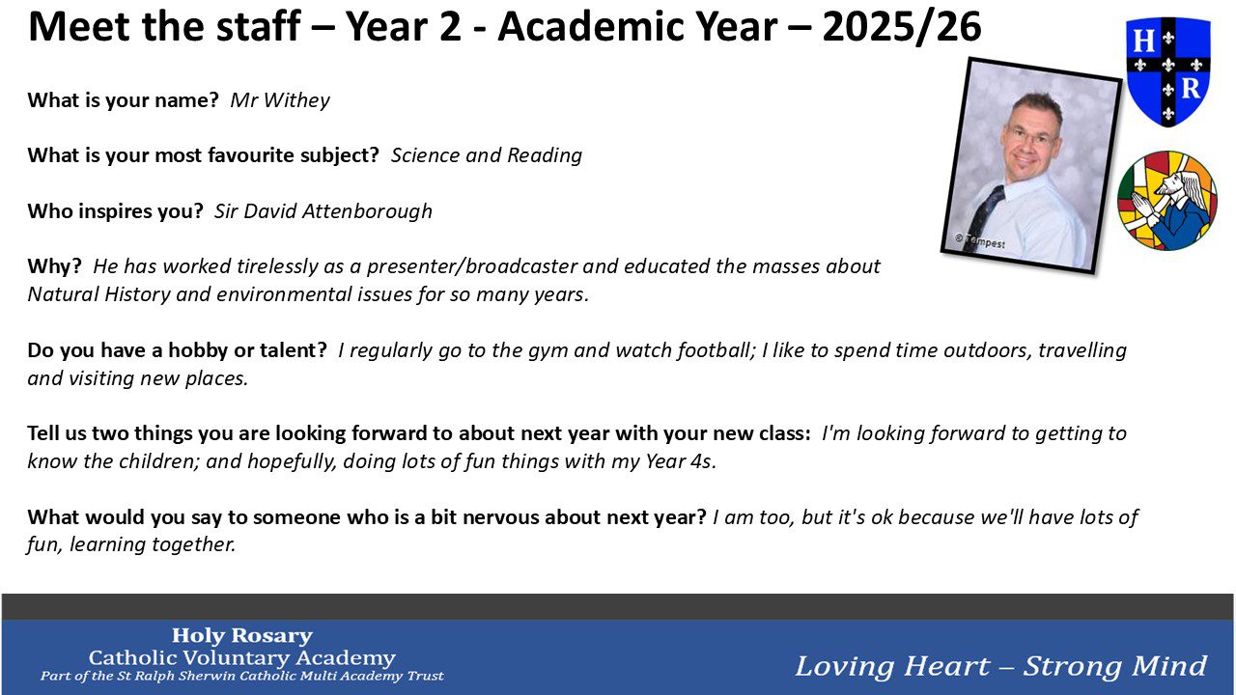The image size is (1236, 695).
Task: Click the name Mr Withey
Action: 280,100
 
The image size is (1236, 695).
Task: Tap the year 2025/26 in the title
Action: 902,26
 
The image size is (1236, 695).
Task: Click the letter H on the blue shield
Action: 1143,42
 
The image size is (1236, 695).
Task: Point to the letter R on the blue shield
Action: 1191,88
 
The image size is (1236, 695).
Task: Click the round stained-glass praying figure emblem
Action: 1167,200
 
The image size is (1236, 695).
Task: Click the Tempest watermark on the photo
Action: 980,241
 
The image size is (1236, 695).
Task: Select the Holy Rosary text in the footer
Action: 242,636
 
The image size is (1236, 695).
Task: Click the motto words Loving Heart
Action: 892,666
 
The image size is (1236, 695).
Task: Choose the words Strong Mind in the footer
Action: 1115,666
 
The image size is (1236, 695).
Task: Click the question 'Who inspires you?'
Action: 115,211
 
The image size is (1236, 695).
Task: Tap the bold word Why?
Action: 55,267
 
